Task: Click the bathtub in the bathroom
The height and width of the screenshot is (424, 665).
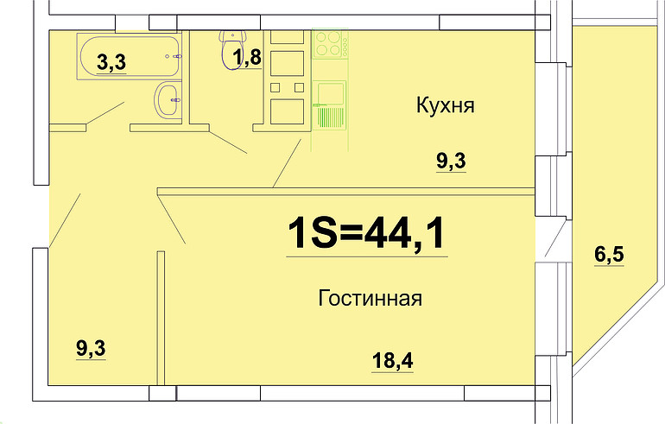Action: (x=129, y=55)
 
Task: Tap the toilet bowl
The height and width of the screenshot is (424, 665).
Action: (x=232, y=50)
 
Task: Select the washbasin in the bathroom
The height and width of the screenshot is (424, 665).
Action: (x=168, y=100)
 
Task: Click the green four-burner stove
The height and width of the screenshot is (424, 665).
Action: (x=332, y=45)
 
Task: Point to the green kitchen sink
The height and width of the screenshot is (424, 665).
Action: (x=330, y=104)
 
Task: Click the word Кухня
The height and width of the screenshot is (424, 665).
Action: (x=445, y=105)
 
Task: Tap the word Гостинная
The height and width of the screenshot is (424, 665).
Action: (x=370, y=298)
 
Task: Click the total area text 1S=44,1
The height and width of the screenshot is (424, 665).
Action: (x=366, y=234)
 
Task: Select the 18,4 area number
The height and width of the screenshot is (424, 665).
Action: (x=392, y=361)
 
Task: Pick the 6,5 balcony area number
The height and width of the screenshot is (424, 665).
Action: (x=609, y=256)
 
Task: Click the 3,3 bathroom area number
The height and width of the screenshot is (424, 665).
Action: (x=111, y=63)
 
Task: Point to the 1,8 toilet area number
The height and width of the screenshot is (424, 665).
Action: (x=249, y=57)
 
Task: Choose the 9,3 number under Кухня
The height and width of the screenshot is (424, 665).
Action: (x=451, y=161)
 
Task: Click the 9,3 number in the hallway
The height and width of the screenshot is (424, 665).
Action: (x=91, y=349)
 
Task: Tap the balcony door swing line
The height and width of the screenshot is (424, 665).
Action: (x=556, y=239)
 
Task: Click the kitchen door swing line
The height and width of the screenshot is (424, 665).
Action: (x=287, y=163)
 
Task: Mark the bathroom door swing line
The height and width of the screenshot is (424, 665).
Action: (x=105, y=113)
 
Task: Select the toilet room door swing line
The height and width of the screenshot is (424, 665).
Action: (x=228, y=142)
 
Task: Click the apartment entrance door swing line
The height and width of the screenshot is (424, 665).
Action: (x=65, y=220)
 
